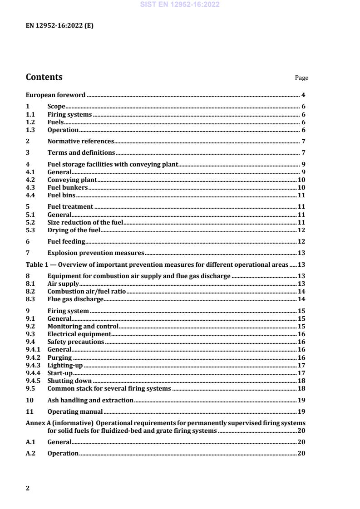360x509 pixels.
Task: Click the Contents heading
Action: [x=44, y=77]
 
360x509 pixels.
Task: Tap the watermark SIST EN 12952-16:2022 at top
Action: [x=180, y=5]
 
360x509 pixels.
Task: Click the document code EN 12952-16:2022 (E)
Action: [x=60, y=26]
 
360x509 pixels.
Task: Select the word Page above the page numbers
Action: [x=301, y=78]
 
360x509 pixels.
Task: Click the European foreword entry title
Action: [x=55, y=95]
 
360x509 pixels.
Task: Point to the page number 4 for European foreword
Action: [x=303, y=95]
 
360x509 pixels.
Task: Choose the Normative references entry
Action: [x=80, y=142]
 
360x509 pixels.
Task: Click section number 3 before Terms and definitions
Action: [x=28, y=152]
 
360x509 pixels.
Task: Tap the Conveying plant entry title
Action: [x=72, y=180]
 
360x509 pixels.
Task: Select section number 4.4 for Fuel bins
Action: [x=30, y=196]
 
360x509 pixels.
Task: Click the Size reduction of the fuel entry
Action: [x=85, y=222]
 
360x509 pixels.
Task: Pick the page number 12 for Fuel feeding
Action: [x=301, y=241]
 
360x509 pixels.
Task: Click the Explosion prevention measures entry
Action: [x=96, y=253]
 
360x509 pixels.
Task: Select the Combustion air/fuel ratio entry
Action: [x=86, y=291]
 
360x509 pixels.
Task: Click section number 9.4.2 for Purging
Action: [x=33, y=357]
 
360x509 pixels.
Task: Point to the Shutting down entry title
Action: [x=69, y=381]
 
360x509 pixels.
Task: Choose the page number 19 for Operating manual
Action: [x=301, y=412]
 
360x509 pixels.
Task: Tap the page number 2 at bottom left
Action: [x=28, y=488]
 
